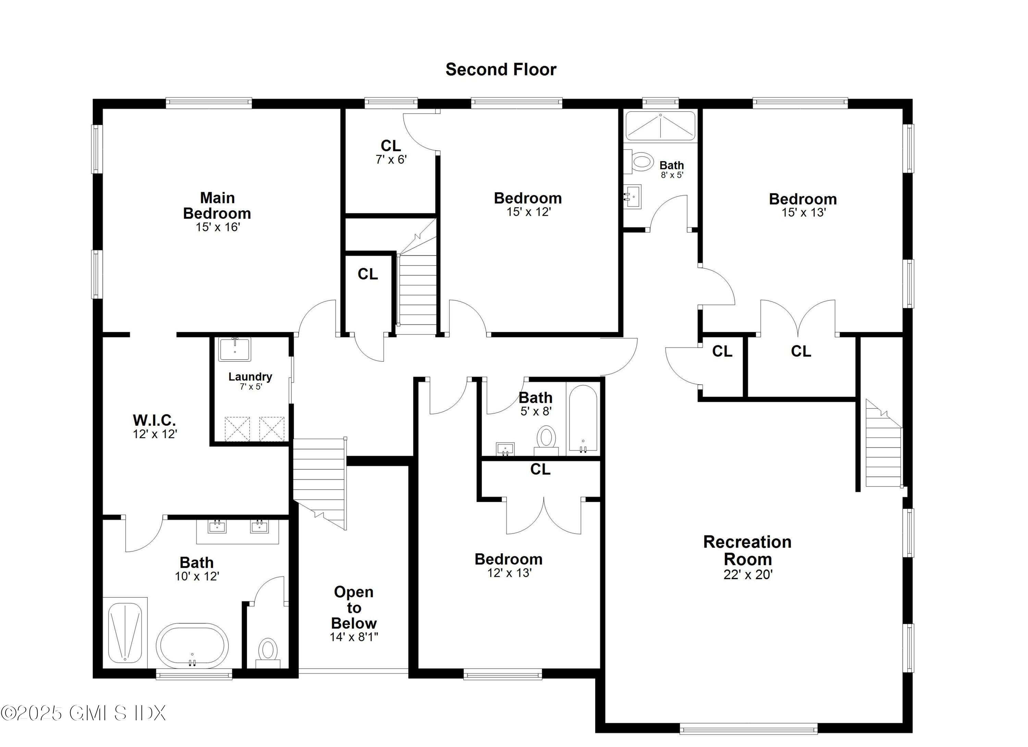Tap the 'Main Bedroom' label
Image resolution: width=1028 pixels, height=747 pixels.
[217, 206]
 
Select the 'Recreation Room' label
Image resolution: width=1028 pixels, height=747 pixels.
[747, 550]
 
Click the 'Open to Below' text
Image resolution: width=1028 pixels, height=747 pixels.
[354, 608]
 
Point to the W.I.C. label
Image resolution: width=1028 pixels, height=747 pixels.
[154, 420]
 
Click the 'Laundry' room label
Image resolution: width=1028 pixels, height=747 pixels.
[250, 377]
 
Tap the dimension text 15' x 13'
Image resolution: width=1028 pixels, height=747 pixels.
[804, 212]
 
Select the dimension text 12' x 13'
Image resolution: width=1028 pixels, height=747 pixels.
[509, 573]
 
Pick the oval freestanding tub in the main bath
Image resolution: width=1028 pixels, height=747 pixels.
[192, 646]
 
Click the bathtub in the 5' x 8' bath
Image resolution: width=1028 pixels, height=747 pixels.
[583, 419]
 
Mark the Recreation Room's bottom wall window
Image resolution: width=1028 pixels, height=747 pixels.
[748, 729]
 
